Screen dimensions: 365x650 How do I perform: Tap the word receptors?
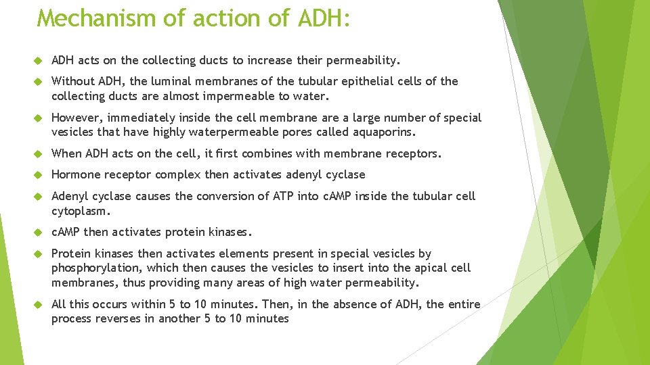412,153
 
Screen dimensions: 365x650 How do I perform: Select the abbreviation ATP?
300,196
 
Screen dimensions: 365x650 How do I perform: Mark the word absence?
371,304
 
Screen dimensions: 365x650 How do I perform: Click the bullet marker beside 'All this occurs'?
39,305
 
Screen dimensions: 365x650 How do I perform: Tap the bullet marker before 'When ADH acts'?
39,154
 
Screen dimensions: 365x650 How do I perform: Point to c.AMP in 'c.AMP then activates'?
66,232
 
